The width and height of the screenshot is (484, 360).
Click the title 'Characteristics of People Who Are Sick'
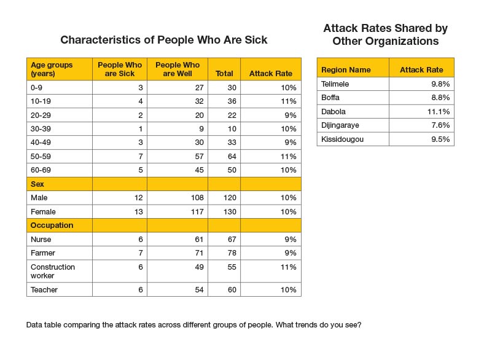[x=163, y=41]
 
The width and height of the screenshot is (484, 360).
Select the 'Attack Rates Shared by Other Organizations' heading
[x=385, y=35]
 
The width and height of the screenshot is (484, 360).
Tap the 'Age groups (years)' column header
[x=52, y=69]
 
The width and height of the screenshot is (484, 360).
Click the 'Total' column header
[x=224, y=74]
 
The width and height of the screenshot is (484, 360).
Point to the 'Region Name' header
[x=346, y=69]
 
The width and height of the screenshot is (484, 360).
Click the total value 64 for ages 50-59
[x=230, y=156]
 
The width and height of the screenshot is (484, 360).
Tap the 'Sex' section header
[x=37, y=184]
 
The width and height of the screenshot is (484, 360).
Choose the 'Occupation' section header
[x=52, y=225]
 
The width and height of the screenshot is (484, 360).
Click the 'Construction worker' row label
[x=52, y=271]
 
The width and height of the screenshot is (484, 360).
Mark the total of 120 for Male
[x=228, y=198]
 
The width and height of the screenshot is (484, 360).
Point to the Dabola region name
[x=334, y=111]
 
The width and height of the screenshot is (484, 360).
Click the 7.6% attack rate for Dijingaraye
[x=440, y=125]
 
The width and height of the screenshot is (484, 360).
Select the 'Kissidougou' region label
[x=342, y=139]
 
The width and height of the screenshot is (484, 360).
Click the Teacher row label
[x=44, y=289]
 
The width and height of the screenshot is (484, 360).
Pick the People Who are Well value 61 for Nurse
[x=195, y=239]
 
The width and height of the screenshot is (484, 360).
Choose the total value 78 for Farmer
[x=230, y=252]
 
